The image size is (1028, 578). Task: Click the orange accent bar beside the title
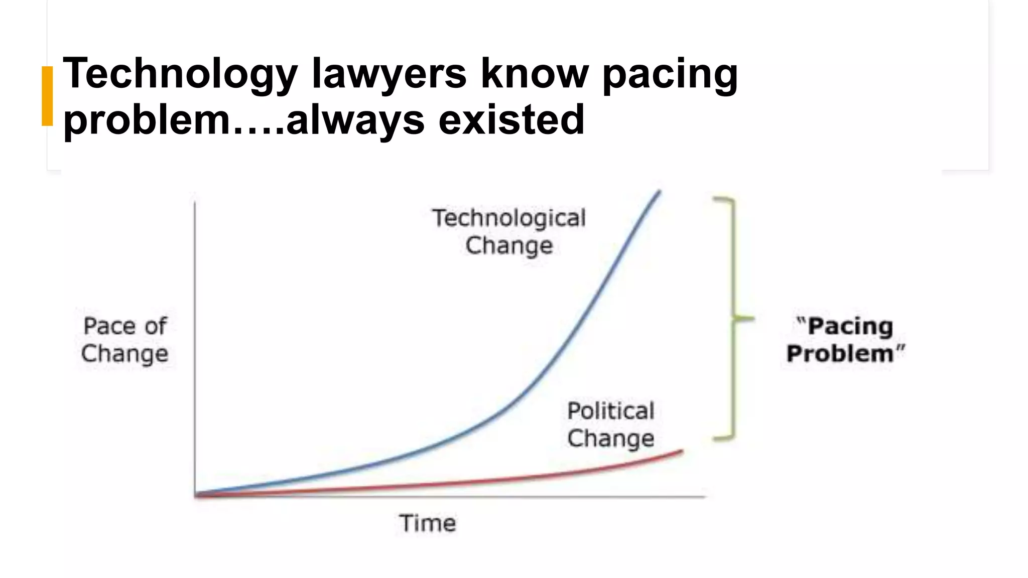[x=47, y=95]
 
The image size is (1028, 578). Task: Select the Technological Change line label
[x=509, y=232]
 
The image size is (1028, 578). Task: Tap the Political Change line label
[x=611, y=424]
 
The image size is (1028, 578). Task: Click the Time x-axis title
[x=428, y=523]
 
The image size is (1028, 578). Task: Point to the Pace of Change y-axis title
[x=125, y=340]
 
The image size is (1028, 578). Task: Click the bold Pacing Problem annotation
[x=845, y=340]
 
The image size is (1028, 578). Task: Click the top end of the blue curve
[x=659, y=191]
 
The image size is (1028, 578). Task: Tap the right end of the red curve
[x=682, y=451]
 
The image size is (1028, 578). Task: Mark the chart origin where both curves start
[x=195, y=495]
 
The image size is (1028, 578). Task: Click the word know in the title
[x=534, y=74]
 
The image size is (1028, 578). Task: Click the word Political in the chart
[x=611, y=411]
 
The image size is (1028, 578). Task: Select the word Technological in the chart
[x=509, y=218]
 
